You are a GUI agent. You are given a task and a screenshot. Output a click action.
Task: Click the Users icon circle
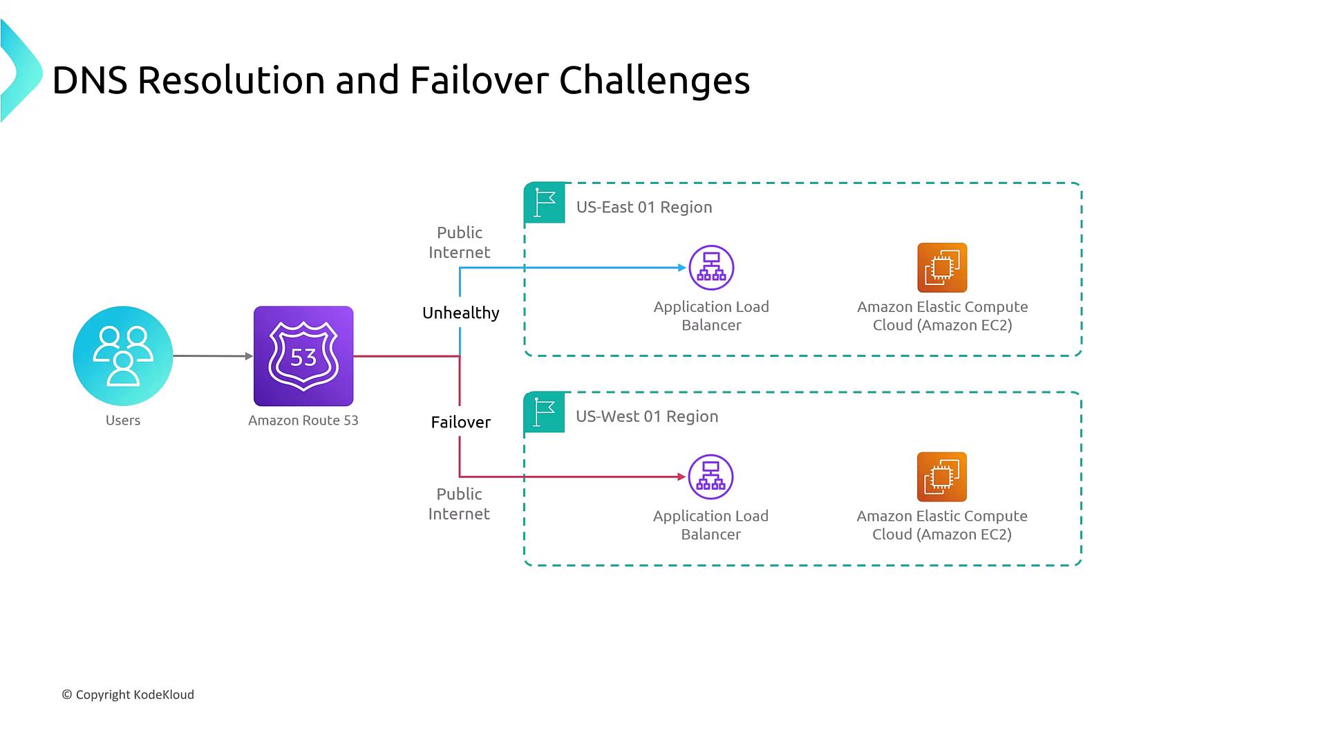[123, 356]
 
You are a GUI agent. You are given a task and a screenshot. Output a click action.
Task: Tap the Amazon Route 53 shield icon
[303, 356]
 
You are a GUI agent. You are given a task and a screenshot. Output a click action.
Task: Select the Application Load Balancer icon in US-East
[711, 268]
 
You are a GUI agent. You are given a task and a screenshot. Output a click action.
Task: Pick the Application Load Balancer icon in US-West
[710, 477]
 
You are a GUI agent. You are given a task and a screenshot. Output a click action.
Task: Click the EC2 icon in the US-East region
[942, 268]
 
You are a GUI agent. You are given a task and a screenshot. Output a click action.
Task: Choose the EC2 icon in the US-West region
[941, 477]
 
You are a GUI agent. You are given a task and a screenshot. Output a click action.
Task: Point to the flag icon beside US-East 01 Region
[545, 203]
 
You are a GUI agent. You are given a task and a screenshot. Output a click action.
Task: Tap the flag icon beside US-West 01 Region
[545, 412]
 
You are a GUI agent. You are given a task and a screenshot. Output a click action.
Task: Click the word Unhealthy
[460, 313]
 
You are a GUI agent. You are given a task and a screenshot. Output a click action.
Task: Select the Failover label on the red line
[460, 422]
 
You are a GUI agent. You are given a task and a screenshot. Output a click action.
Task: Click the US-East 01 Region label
[643, 207]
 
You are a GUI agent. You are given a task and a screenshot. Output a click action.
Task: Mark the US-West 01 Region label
[647, 416]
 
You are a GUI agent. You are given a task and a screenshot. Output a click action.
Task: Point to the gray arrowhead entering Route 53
[249, 356]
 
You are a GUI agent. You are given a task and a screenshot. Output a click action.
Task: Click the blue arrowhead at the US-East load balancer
[682, 268]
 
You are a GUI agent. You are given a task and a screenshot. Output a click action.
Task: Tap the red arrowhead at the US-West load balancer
[681, 477]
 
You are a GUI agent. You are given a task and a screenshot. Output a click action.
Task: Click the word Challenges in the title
[654, 80]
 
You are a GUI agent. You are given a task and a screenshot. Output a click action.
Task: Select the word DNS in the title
[90, 80]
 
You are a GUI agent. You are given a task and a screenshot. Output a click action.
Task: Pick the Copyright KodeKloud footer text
[128, 694]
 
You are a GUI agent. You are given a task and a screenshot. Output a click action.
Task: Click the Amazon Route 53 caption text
[303, 421]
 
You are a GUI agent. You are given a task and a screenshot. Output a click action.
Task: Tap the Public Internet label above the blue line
[459, 242]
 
